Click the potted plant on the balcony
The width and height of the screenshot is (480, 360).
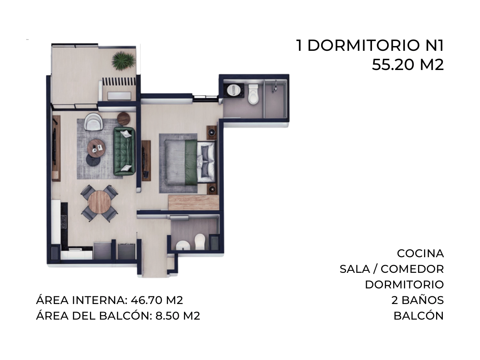tap(123, 61)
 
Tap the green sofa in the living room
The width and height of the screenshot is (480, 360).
tap(124, 151)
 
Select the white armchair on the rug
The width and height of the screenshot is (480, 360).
tap(94, 122)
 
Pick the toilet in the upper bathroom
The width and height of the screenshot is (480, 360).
tap(253, 94)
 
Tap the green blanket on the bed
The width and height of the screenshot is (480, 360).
tap(191, 162)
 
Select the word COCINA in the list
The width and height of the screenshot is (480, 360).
tap(420, 254)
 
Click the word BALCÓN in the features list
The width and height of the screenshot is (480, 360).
tap(418, 316)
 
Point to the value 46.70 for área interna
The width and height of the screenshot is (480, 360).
tap(147, 300)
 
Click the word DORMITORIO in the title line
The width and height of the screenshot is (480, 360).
tap(364, 46)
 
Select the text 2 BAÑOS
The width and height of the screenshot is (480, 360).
tap(418, 300)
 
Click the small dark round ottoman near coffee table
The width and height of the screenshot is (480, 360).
tap(93, 160)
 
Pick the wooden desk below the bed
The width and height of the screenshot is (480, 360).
tap(194, 202)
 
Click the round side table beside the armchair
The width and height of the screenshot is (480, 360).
tap(124, 119)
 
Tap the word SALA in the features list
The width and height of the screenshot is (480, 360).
tap(354, 269)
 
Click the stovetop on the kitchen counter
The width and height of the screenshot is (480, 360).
tap(64, 222)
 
